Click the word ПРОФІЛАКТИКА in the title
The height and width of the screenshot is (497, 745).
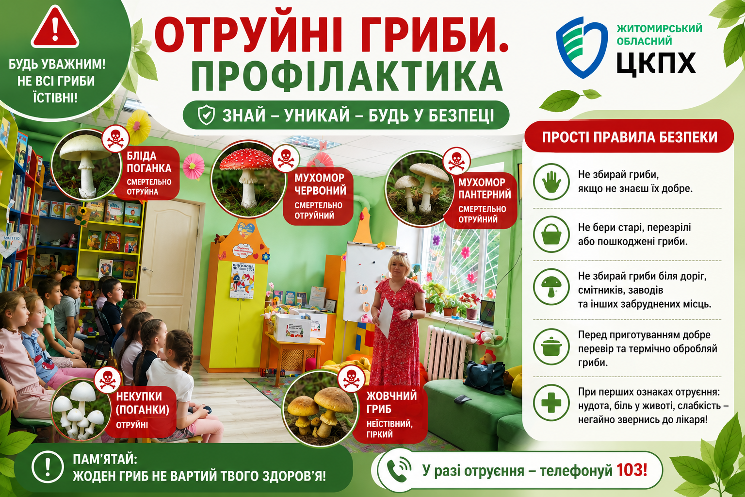(346, 76)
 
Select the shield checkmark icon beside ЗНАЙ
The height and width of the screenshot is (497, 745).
(206, 115)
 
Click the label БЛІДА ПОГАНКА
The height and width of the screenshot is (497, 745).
(149, 162)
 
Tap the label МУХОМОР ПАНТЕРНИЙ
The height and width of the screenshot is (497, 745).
(484, 188)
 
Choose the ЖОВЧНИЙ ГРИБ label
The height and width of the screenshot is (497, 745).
(391, 402)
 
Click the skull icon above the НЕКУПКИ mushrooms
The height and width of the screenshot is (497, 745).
(107, 380)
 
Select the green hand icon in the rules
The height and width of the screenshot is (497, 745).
(551, 182)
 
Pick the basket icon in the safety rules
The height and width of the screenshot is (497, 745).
(551, 234)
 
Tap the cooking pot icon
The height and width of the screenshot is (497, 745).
(551, 347)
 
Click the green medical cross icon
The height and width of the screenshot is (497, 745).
(551, 403)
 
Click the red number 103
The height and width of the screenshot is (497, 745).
(632, 470)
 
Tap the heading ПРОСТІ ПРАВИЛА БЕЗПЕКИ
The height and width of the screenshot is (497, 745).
(630, 137)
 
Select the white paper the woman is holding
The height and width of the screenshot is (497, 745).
(387, 317)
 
